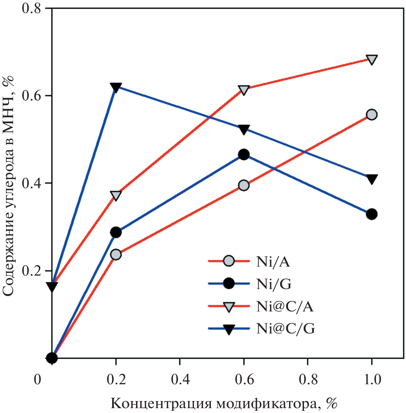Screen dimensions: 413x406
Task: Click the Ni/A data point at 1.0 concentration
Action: [x=372, y=115]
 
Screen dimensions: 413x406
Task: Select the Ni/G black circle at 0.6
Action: [x=244, y=154]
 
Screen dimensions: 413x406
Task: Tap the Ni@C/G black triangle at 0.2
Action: [x=116, y=87]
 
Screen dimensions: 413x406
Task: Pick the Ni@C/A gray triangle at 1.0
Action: [x=372, y=59]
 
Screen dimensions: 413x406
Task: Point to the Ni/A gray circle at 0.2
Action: [x=116, y=255]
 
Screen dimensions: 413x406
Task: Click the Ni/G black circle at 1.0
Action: [x=372, y=214]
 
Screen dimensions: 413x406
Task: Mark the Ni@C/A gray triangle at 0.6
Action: [x=244, y=90]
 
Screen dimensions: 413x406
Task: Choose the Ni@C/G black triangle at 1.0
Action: [x=372, y=179]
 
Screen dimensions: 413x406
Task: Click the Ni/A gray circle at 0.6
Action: [x=244, y=185]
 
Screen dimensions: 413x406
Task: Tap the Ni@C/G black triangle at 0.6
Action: [x=244, y=129]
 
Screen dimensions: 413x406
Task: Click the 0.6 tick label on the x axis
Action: [x=244, y=380]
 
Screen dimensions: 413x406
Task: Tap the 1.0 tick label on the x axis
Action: [x=372, y=380]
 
